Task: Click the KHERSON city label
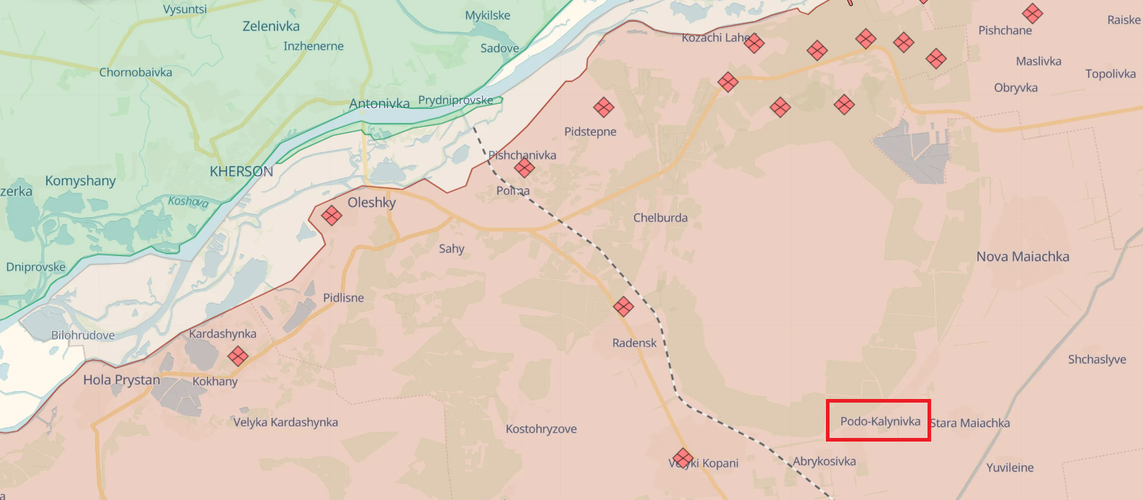click(241, 172)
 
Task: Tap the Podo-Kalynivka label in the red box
click(880, 421)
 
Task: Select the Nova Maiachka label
click(1023, 257)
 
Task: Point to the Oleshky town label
click(372, 203)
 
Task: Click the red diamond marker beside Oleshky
click(332, 215)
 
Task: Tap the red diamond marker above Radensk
click(623, 307)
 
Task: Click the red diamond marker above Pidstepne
click(604, 108)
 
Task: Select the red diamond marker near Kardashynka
click(238, 356)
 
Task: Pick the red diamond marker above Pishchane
click(1033, 13)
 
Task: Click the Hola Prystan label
click(122, 380)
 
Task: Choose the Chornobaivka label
click(135, 72)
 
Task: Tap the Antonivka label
click(379, 104)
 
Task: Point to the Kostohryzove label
click(541, 429)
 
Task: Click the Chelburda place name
click(660, 218)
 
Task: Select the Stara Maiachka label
click(970, 424)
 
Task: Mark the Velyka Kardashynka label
click(285, 422)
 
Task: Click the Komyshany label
click(80, 181)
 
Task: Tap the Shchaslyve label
click(1097, 359)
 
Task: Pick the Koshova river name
click(188, 201)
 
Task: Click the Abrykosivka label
click(824, 462)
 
